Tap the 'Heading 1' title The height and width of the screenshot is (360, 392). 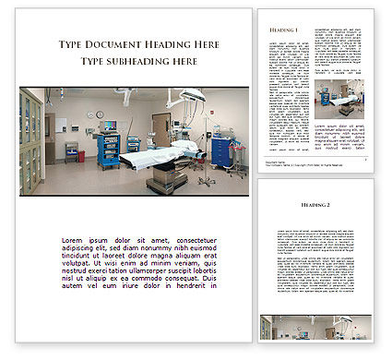coord(285,30)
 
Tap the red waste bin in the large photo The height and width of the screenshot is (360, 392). coord(82,156)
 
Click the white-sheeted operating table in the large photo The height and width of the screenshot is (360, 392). coord(157,155)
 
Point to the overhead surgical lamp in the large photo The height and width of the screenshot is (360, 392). coord(193,94)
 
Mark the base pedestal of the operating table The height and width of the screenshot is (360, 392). coord(160,181)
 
